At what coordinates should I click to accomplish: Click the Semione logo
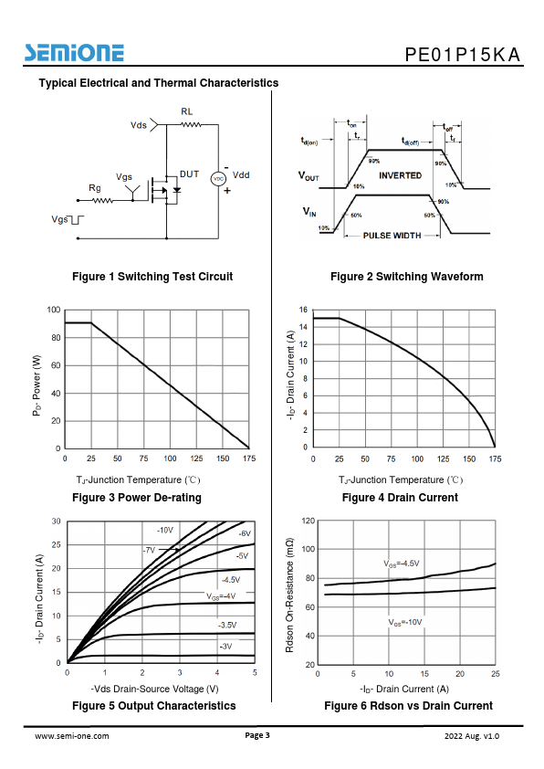click(x=75, y=53)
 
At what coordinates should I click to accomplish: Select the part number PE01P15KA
click(x=462, y=55)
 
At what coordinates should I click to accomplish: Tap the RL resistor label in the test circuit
click(x=187, y=111)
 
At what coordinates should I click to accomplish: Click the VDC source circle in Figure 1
click(x=218, y=179)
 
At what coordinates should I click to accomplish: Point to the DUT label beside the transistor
click(x=189, y=174)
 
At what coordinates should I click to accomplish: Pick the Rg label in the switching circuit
click(x=95, y=188)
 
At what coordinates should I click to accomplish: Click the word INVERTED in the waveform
click(x=400, y=175)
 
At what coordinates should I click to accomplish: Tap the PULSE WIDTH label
click(x=392, y=236)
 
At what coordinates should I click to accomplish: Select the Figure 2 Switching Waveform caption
click(x=407, y=277)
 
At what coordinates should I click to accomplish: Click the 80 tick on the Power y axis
click(x=56, y=337)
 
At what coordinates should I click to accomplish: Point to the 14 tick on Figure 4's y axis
click(x=303, y=327)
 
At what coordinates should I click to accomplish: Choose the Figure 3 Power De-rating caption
click(x=137, y=498)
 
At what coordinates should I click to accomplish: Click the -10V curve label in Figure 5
click(x=165, y=531)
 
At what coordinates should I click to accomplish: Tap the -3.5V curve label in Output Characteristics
click(x=227, y=626)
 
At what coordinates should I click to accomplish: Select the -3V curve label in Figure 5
click(x=226, y=647)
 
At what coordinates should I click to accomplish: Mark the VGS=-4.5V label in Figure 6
click(x=402, y=564)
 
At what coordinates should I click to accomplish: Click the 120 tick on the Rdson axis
click(x=309, y=521)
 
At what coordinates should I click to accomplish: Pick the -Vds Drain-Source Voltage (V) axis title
click(x=154, y=689)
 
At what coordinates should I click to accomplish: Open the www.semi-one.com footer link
click(x=72, y=736)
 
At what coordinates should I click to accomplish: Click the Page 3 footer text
click(x=257, y=735)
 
